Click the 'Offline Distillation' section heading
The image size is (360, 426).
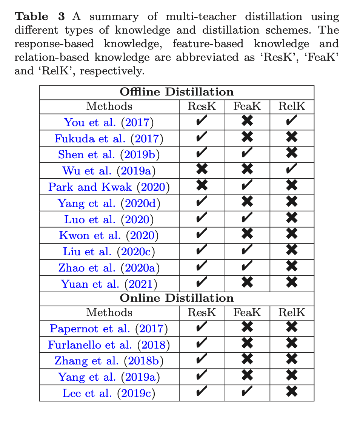[x=177, y=92]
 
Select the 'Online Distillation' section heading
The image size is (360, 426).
[x=177, y=298]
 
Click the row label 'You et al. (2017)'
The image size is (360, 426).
[x=109, y=122]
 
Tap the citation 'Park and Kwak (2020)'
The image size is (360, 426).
[x=109, y=187]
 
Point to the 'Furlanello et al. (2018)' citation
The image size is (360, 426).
[x=109, y=344]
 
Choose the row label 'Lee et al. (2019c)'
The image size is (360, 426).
[x=109, y=393]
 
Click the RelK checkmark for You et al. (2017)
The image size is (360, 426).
[x=292, y=121]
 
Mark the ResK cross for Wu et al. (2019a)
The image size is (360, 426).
[x=202, y=170]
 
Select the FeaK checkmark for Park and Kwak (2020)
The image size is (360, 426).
[x=247, y=186]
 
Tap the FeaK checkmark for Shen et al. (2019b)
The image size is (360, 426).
[x=247, y=153]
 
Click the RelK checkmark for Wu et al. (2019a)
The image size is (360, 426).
[x=292, y=170]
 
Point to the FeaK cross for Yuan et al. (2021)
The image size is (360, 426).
[x=247, y=283]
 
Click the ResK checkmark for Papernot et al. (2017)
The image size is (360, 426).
[x=202, y=327]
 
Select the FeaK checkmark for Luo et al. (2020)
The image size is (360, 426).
[x=247, y=218]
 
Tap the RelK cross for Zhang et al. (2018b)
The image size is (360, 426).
[x=292, y=360]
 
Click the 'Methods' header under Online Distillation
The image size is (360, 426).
[x=109, y=313]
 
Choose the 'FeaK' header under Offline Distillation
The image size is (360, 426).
[x=247, y=106]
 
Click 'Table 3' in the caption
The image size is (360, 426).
[x=40, y=17]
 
